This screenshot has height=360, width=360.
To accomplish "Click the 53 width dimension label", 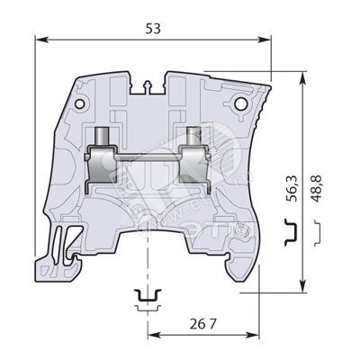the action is (153, 29).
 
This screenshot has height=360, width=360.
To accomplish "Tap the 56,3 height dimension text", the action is (292, 188).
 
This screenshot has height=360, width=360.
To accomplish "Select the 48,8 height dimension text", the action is (316, 188).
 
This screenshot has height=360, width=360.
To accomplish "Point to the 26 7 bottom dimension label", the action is (202, 324).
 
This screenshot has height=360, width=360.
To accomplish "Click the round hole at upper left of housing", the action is (79, 104).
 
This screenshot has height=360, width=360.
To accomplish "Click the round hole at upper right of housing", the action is (240, 103).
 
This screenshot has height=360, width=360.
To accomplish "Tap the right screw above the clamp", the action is (194, 136).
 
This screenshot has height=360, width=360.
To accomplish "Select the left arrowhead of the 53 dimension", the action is (41, 40).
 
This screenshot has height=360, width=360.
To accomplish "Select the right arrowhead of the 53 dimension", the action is (265, 40).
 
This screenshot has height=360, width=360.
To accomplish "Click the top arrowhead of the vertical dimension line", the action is (303, 78).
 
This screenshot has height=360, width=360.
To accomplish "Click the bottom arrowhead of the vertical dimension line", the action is (303, 285).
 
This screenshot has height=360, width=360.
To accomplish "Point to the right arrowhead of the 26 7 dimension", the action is (252, 336).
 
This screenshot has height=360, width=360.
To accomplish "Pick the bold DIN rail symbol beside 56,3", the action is (291, 232).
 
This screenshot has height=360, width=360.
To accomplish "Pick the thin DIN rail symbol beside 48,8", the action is (319, 233).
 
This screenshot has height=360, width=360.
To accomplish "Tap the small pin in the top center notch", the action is (148, 87).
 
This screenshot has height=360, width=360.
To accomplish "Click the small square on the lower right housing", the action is (242, 230).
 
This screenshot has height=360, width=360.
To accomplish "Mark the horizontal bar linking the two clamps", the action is (147, 157).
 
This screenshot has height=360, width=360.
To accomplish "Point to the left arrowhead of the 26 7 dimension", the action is (155, 336).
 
